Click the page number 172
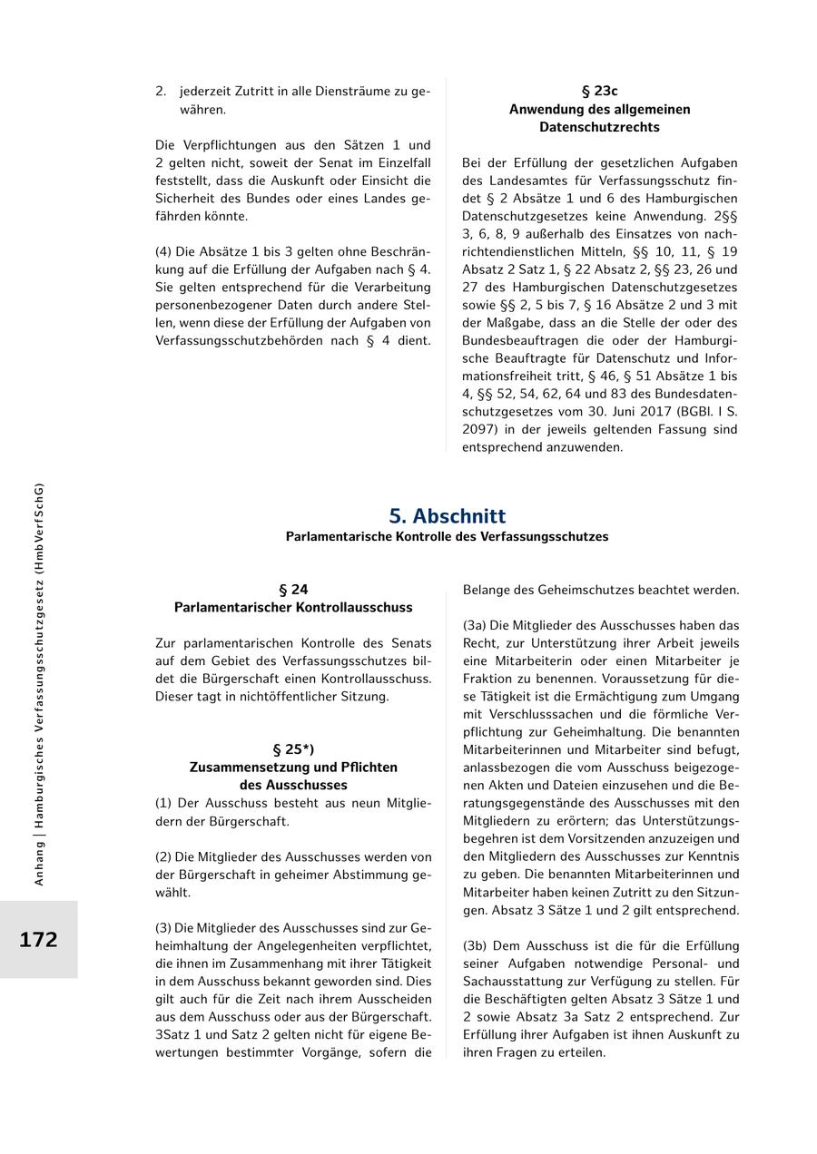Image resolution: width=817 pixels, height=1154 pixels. (x=38, y=939)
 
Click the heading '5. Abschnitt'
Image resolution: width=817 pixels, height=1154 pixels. (x=447, y=515)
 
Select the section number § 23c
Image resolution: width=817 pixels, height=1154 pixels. (x=599, y=91)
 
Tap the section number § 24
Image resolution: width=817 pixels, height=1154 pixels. (x=293, y=589)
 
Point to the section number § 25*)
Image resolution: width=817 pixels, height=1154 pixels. (x=293, y=749)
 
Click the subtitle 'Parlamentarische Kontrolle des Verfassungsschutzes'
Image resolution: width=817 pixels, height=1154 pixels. (x=447, y=536)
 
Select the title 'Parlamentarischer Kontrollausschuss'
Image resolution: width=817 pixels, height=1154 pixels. (x=293, y=607)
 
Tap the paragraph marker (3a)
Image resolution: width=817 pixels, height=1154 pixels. (x=475, y=625)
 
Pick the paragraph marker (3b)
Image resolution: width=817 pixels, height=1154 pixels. (x=475, y=945)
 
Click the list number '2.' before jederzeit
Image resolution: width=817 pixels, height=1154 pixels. (x=161, y=91)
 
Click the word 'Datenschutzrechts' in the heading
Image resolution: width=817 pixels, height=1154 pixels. (x=599, y=127)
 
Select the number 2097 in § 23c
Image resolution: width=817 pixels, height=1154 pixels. (x=480, y=429)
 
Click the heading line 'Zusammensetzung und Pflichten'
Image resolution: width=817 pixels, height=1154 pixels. (x=293, y=767)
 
